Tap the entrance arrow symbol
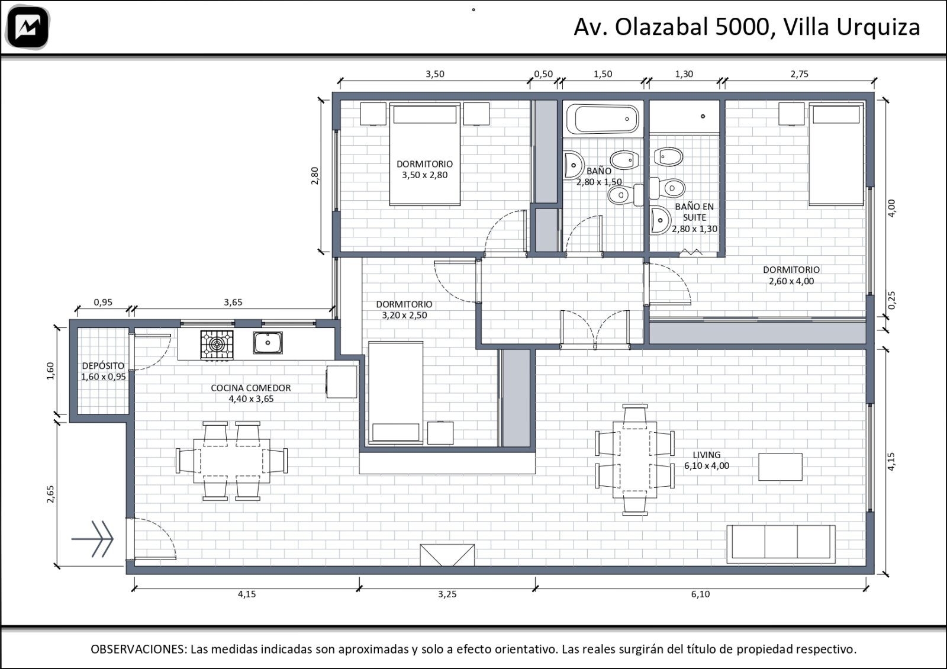pyautogui.click(x=92, y=539)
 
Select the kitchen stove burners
pyautogui.click(x=217, y=345)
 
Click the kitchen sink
pyautogui.click(x=268, y=343)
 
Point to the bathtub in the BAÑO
pyautogui.click(x=603, y=119)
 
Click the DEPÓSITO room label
pyautogui.click(x=103, y=371)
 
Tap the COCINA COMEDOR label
pyautogui.click(x=251, y=393)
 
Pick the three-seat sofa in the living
pyautogui.click(x=781, y=544)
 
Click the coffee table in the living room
pyautogui.click(x=780, y=467)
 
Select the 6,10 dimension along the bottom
pyautogui.click(x=700, y=594)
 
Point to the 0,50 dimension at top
pyautogui.click(x=543, y=74)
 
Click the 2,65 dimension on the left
pyautogui.click(x=50, y=494)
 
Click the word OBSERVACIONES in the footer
pyautogui.click(x=138, y=649)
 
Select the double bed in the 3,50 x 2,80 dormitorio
pyautogui.click(x=424, y=155)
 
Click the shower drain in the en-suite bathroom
pyautogui.click(x=703, y=116)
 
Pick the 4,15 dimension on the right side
pyautogui.click(x=891, y=461)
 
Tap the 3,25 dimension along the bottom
pyautogui.click(x=447, y=594)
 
